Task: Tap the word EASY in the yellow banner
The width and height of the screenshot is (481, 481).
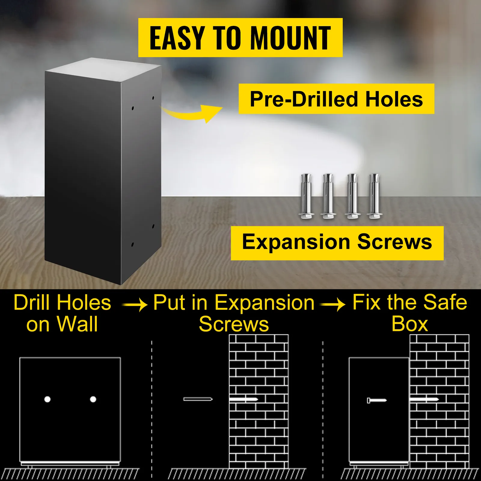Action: point(177,38)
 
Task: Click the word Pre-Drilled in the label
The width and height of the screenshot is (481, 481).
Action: point(304,99)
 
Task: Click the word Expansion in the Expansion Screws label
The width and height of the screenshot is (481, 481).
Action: point(296,242)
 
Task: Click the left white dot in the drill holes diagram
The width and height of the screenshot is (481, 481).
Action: point(47,399)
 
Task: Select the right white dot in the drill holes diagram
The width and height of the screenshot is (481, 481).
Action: point(93,399)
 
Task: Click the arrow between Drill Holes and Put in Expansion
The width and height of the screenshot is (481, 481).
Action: point(135,305)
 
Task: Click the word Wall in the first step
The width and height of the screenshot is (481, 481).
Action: point(78,324)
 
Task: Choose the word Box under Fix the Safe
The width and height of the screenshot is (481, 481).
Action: point(410,324)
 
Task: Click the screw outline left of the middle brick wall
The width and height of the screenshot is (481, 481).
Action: point(198,399)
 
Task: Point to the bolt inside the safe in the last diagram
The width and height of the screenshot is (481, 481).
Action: point(377,400)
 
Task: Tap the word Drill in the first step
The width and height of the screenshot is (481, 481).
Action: point(32,303)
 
